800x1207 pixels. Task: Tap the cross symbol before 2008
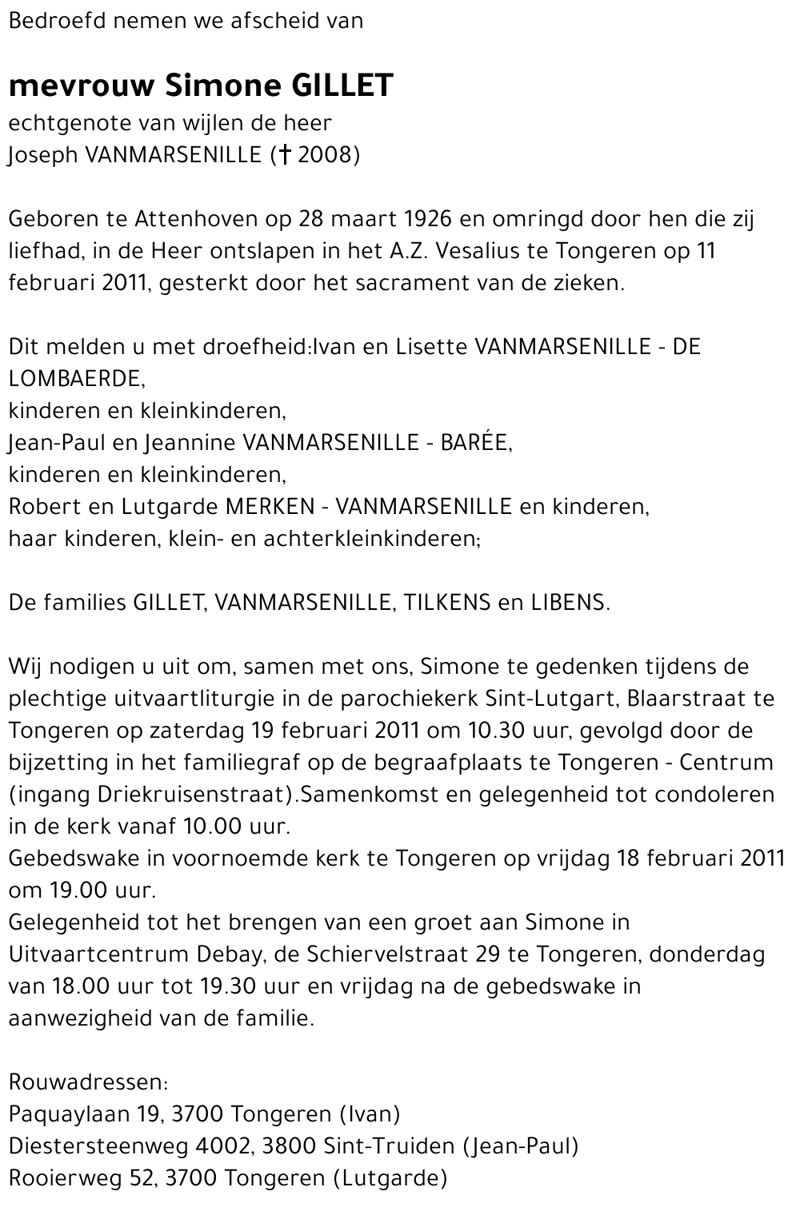pyautogui.click(x=283, y=154)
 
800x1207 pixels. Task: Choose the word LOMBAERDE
pyautogui.click(x=76, y=378)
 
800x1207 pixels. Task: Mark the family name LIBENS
pyautogui.click(x=568, y=602)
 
